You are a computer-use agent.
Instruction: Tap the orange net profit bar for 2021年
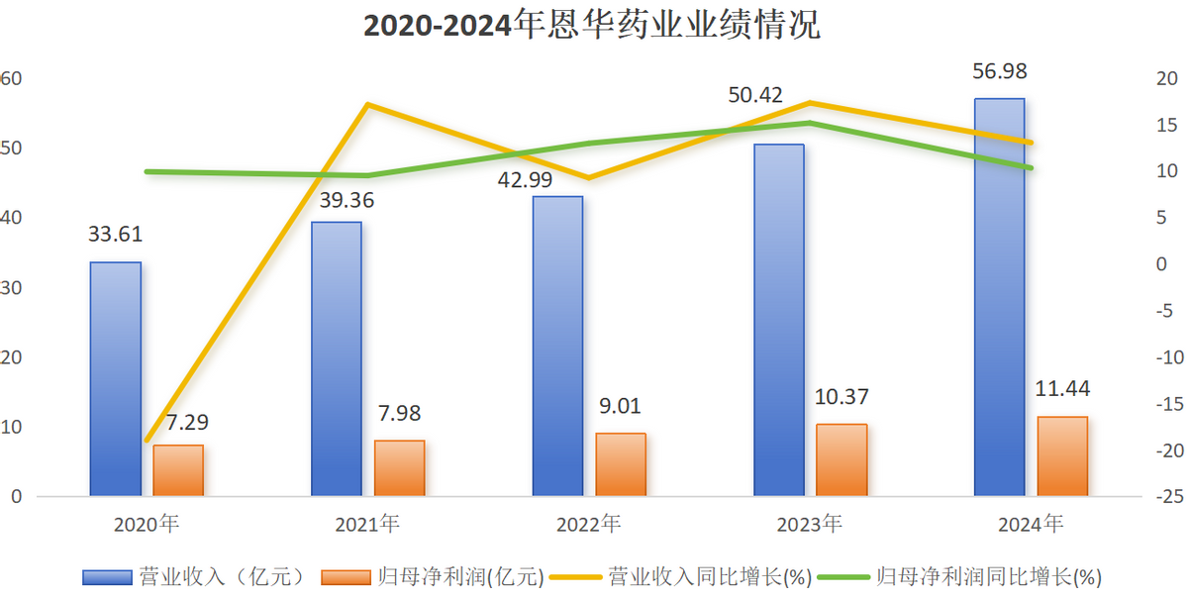[400, 467]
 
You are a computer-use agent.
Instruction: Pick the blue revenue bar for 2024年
[999, 297]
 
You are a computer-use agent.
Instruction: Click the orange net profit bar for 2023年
[841, 459]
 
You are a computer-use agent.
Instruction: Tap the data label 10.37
[842, 397]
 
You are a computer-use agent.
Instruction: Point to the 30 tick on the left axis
[14, 288]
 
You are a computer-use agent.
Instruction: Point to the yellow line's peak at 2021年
[368, 104]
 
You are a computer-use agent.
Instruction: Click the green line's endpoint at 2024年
[1031, 168]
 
